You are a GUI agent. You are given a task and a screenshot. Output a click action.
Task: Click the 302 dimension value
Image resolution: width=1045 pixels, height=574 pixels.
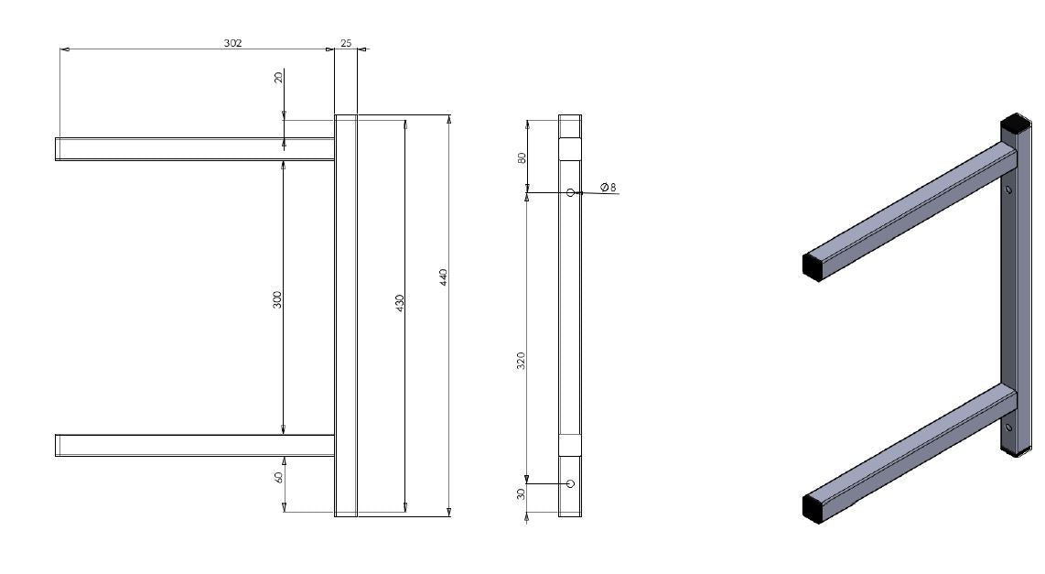coord(233,43)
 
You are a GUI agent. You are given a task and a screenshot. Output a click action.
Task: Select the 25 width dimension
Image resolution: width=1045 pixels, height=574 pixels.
coord(346,43)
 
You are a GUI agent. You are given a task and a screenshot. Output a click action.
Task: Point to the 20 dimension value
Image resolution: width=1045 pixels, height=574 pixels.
coord(278,78)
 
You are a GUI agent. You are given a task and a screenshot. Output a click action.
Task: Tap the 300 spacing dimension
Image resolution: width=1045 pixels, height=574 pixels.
coord(277,299)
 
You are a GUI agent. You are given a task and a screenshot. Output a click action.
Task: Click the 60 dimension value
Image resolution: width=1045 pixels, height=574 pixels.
coord(278,477)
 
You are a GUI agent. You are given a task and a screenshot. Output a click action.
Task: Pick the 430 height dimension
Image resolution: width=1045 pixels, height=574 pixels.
coord(399,303)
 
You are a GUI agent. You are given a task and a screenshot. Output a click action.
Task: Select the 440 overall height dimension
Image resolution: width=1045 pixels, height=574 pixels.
coord(443,276)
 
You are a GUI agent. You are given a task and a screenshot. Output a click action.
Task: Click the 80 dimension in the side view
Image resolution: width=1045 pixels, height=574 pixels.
coord(522,157)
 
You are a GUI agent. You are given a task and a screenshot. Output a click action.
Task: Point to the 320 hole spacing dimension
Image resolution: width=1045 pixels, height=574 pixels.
coord(522,361)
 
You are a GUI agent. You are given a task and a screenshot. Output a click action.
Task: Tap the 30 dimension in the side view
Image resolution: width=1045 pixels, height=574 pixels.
coord(522,494)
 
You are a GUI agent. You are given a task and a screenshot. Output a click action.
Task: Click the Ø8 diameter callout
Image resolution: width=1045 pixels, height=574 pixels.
coord(609,187)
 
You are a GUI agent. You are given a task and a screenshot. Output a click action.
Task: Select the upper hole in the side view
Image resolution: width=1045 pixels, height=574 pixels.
coord(570,192)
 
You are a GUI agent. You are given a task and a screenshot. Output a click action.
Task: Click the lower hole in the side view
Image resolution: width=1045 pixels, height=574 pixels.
coord(570,483)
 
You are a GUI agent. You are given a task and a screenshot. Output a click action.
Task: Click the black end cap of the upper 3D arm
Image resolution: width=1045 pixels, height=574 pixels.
coord(813,265)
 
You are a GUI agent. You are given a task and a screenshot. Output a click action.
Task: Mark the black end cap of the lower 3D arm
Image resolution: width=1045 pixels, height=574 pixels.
coord(813,507)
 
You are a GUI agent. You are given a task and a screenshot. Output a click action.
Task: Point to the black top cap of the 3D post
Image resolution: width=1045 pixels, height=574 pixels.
coord(1015,123)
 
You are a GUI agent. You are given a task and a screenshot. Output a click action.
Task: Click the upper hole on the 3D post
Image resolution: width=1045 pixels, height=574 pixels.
coord(1008,190)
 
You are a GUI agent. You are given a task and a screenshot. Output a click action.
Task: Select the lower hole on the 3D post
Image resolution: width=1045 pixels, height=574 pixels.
coord(1008,427)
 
